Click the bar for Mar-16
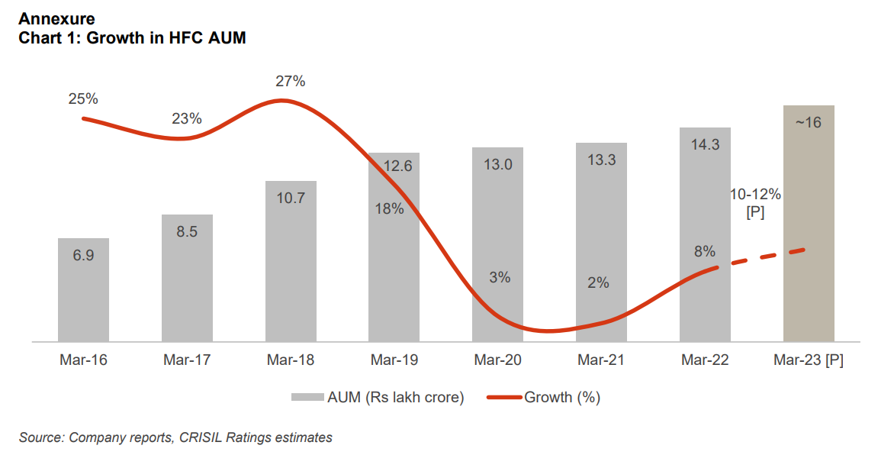point(83,290)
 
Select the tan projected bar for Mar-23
point(809,229)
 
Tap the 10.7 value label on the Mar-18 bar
point(291,198)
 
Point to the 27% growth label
point(290,82)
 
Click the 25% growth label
point(83,98)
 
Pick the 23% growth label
point(187,118)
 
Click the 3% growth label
point(500,278)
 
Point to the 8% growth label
point(704,251)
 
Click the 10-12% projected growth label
point(755,195)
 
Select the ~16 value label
point(809,122)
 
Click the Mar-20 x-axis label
point(497,360)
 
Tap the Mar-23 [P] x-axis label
point(809,360)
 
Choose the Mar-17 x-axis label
point(187,360)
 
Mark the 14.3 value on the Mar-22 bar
point(705,144)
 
